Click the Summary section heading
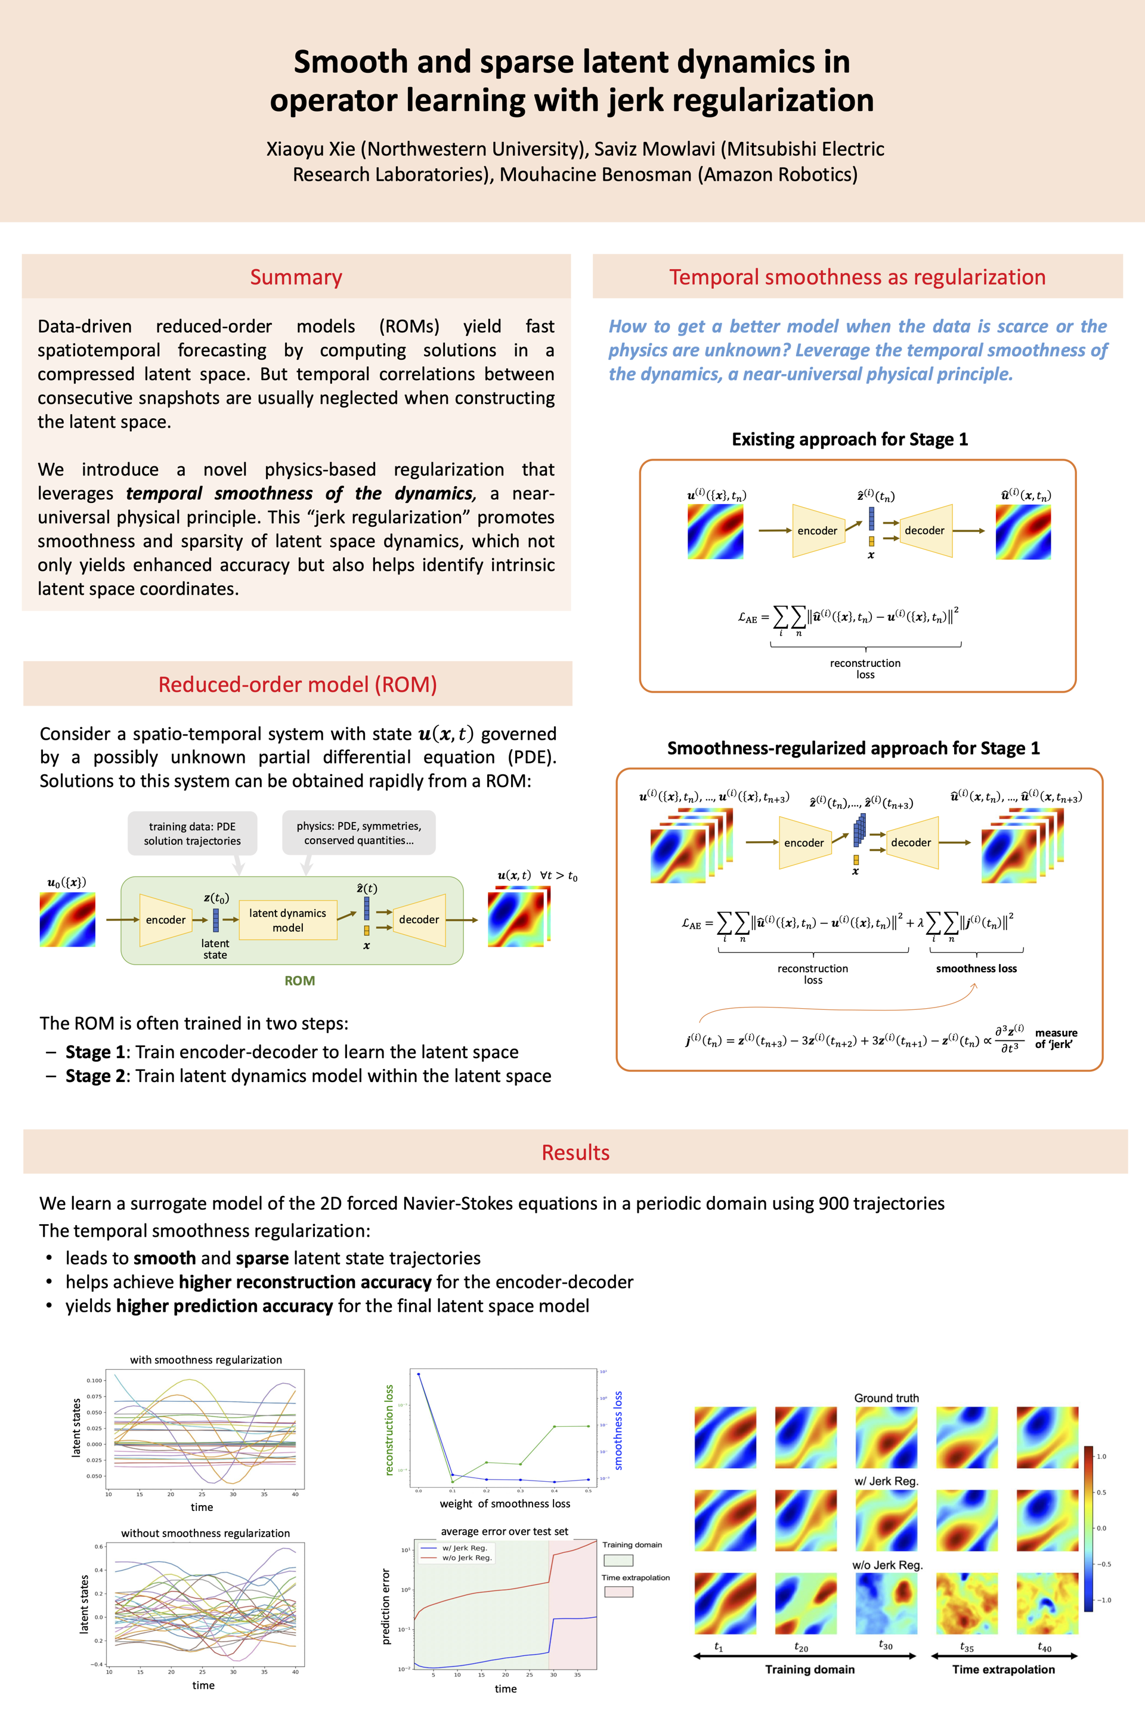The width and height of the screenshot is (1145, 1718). [296, 277]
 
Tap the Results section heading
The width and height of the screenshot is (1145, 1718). [575, 1152]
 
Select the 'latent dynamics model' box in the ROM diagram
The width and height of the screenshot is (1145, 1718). [287, 920]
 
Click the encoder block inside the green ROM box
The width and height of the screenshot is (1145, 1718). [166, 920]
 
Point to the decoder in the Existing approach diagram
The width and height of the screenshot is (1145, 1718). [924, 530]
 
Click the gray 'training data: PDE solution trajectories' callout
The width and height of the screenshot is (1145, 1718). [192, 833]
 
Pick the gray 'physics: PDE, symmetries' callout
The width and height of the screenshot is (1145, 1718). [358, 833]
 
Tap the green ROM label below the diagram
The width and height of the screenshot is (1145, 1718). [299, 980]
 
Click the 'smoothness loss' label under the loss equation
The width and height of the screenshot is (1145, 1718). [976, 969]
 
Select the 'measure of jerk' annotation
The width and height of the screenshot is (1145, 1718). [1056, 1038]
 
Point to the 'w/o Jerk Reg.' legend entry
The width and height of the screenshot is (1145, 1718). [468, 1558]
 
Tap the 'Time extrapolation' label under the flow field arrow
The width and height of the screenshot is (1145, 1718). [1003, 1669]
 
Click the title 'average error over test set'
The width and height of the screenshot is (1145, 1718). [504, 1531]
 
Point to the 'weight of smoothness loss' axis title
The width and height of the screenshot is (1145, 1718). [505, 1503]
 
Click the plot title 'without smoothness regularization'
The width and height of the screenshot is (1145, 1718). [205, 1533]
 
